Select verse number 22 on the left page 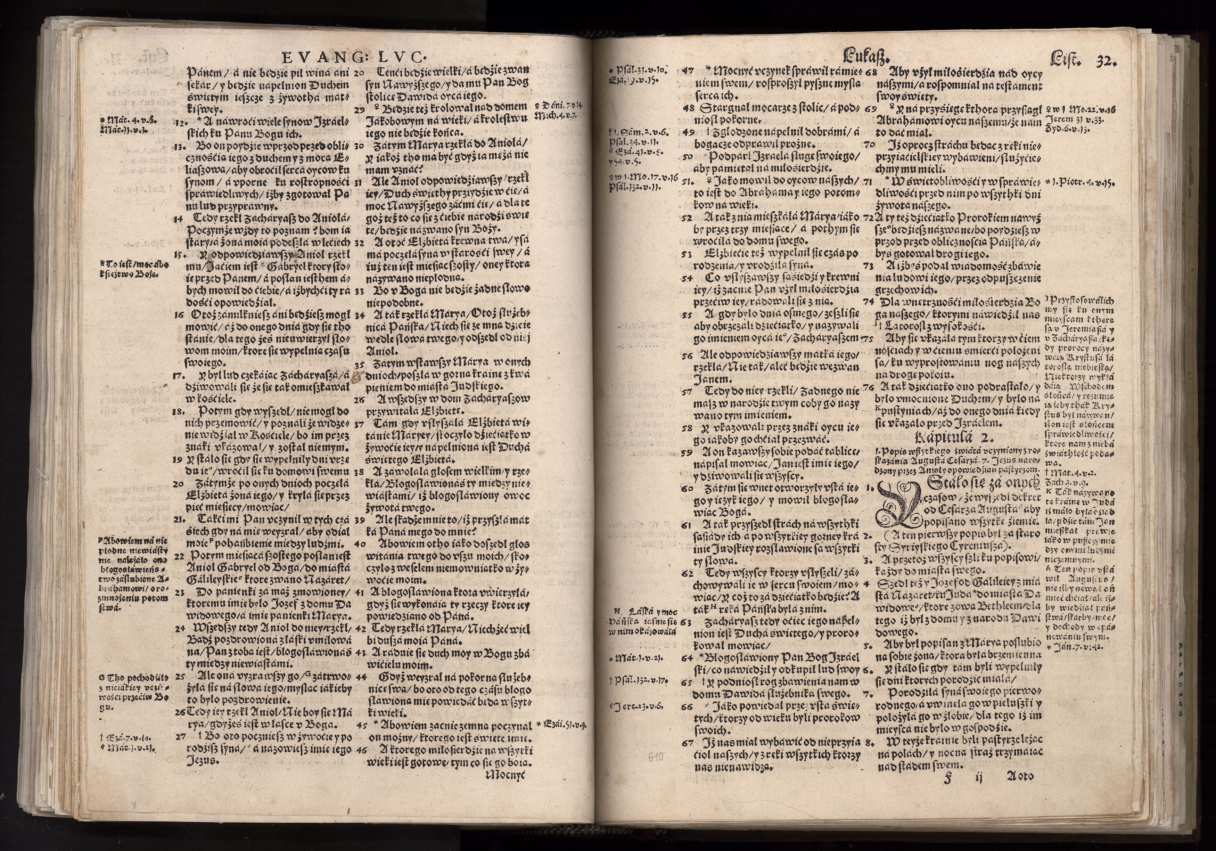[179, 556]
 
